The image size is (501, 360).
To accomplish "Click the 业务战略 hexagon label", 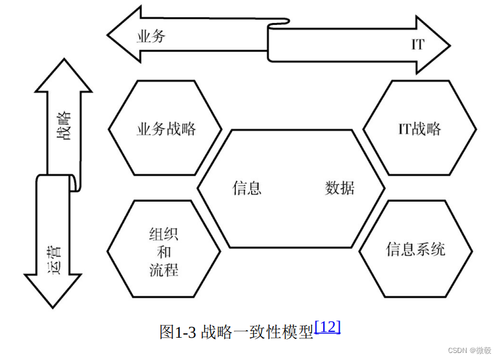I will pos(166,129).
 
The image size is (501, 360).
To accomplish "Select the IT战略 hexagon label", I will pos(419,129).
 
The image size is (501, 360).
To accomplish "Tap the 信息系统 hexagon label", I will pos(416,248).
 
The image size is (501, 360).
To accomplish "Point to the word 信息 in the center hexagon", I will pos(247,189).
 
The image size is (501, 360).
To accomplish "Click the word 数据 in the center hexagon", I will pos(340,189).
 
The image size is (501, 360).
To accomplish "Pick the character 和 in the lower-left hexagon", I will pos(164,251).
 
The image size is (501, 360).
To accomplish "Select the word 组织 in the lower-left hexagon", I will pos(164,233).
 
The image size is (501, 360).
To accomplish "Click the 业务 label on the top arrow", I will pos(151,36).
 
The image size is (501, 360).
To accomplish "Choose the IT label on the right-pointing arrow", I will pos(418,45).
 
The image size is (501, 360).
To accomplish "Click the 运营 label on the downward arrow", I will pos(54,257).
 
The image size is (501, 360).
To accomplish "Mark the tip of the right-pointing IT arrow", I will pos(449,45).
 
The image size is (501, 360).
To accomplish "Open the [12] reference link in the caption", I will pos(328,327).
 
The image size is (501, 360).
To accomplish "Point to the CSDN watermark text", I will pos(458,350).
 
